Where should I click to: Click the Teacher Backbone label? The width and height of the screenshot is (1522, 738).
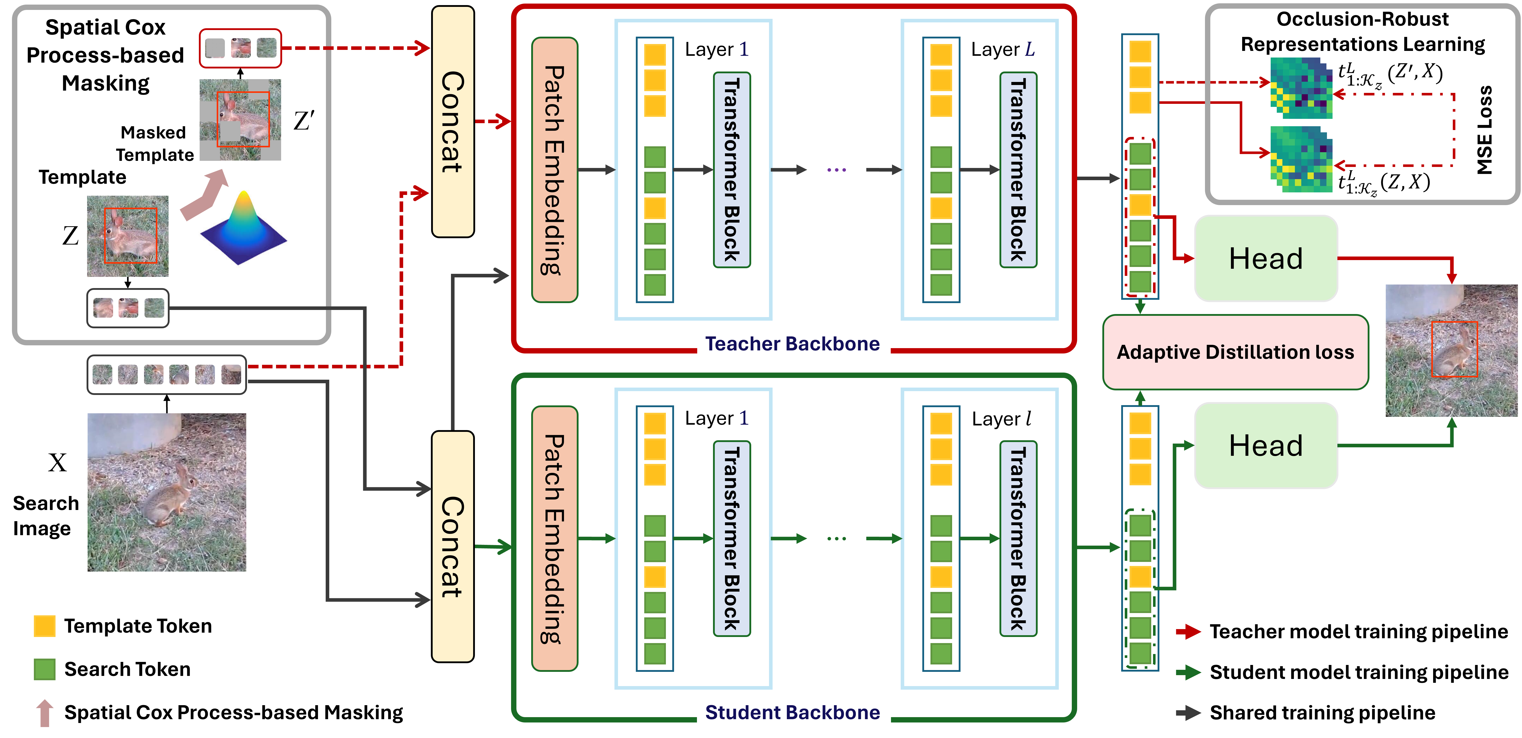793,344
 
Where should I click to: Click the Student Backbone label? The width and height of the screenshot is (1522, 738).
793,713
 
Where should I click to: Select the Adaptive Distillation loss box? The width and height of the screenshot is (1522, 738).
1236,352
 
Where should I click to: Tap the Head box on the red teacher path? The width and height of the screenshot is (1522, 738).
1266,259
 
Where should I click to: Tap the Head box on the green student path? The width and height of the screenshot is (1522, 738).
1266,446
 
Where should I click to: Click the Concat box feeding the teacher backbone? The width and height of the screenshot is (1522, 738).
453,122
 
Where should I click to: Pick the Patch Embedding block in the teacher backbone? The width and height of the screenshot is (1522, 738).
554,170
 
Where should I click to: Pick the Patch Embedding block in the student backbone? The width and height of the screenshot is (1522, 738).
554,538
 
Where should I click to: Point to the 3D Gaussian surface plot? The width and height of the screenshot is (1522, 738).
242,227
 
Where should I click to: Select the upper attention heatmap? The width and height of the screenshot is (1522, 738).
1301,87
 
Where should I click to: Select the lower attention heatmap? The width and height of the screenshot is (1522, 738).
1301,159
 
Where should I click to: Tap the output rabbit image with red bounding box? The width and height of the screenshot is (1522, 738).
1451,351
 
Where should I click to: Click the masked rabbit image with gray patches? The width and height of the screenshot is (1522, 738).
240,120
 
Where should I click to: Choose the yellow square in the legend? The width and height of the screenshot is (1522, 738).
44,626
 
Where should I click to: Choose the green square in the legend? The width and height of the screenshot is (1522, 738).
44,670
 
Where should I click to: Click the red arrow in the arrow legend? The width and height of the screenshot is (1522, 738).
1188,632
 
